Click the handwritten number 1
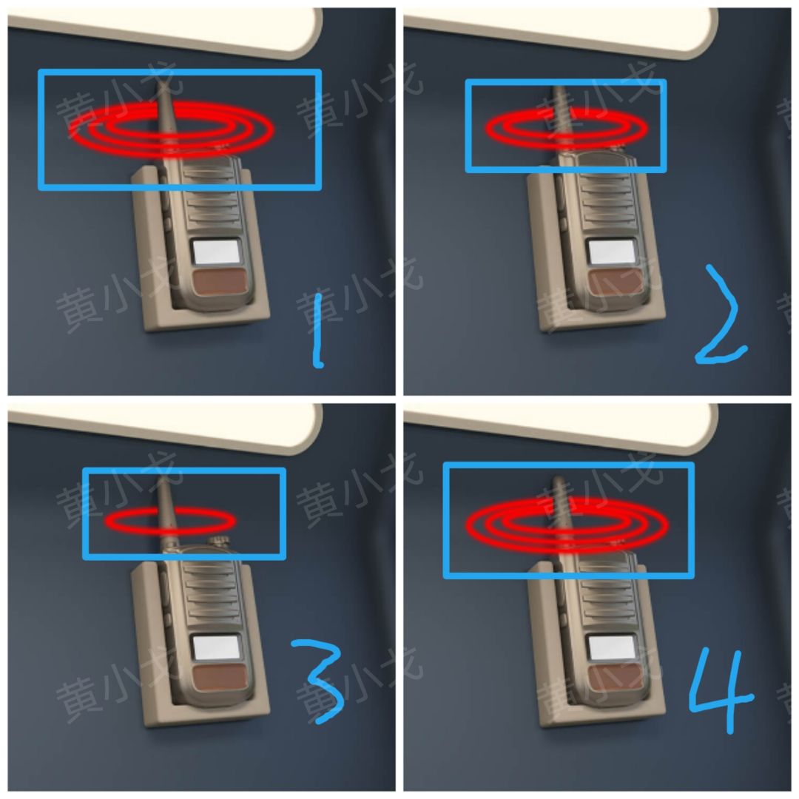pyautogui.click(x=317, y=330)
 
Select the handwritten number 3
pyautogui.click(x=318, y=681)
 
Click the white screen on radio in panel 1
pyautogui.click(x=217, y=252)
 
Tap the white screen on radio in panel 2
pyautogui.click(x=611, y=252)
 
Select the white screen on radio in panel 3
pyautogui.click(x=217, y=648)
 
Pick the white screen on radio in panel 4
pyautogui.click(x=611, y=648)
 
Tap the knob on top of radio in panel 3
pyautogui.click(x=218, y=542)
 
